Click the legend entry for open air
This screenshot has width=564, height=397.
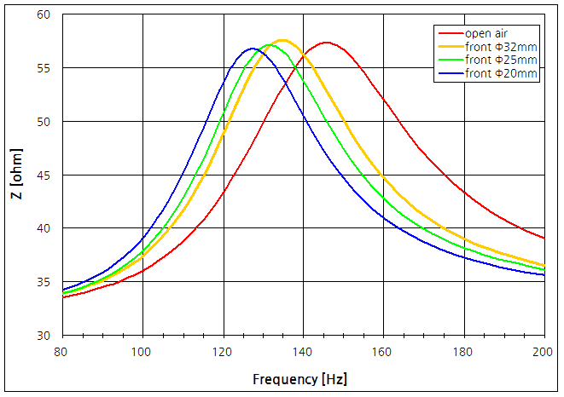[487, 33]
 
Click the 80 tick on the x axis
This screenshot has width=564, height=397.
[61, 350]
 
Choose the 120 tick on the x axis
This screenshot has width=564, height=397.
[222, 350]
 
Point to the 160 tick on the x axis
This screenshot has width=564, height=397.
[383, 350]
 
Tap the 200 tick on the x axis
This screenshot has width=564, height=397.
[544, 350]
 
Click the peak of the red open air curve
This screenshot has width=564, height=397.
[326, 42]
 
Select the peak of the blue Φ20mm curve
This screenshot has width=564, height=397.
[253, 49]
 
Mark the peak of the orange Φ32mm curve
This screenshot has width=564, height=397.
[282, 40]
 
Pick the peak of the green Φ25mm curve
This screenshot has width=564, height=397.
[270, 44]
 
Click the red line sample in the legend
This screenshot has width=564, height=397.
[449, 33]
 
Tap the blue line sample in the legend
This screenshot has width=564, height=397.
[449, 73]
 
